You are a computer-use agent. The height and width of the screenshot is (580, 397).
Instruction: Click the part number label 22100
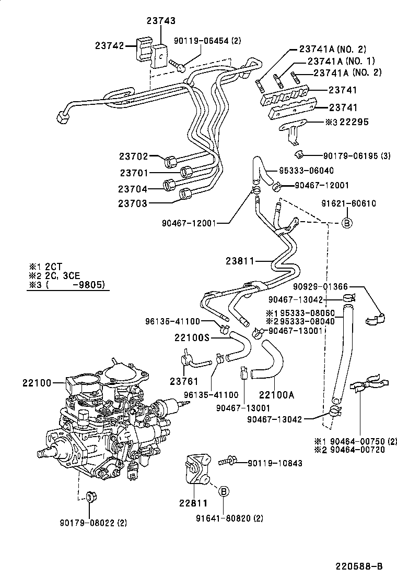coord(37,383)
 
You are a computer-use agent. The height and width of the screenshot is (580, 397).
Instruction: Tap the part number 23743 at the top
coord(160,21)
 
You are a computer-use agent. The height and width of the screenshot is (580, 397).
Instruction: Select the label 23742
coord(109,45)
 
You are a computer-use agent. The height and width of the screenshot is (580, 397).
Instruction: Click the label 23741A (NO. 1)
coord(337,61)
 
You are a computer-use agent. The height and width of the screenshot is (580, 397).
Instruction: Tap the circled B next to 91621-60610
coord(346,223)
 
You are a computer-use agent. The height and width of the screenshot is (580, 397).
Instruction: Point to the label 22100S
coord(192,338)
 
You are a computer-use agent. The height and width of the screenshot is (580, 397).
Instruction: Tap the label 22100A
coord(277,395)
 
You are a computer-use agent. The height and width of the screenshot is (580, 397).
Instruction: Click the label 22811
coord(193,503)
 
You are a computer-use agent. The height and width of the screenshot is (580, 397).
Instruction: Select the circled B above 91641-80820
coord(223,491)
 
